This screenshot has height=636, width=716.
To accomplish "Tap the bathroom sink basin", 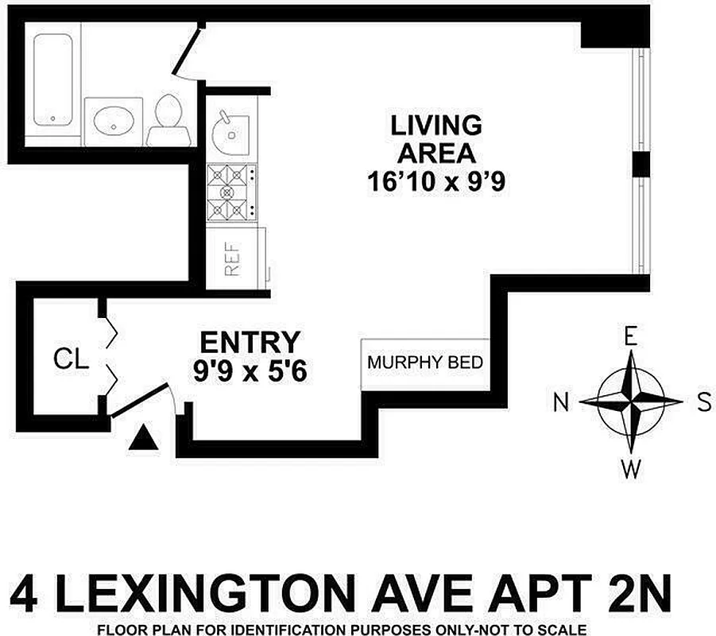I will [113, 121].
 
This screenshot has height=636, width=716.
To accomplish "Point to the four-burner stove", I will [231, 193].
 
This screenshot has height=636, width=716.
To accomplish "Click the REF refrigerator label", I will [232, 259].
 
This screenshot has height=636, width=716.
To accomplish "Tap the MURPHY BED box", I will [424, 363].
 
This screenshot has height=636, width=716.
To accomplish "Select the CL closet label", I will [71, 359].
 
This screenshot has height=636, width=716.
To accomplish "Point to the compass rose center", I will [631, 401].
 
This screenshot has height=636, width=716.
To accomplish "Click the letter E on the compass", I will [631, 336].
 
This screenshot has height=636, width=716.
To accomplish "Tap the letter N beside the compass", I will [562, 403].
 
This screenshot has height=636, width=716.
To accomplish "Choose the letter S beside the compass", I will [702, 402].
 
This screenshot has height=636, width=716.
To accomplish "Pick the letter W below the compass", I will [631, 470].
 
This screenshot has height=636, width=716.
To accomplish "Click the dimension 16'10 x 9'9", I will [436, 183].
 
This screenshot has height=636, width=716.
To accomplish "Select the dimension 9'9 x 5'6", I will [250, 371].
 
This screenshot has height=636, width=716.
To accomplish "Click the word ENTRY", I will [250, 343].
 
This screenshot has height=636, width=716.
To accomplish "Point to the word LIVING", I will [436, 125].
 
